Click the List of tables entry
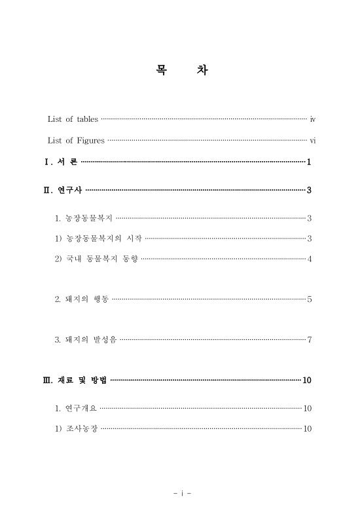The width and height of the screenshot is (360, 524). (73, 119)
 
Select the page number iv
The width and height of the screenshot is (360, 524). (313, 119)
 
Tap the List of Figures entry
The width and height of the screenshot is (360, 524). (76, 140)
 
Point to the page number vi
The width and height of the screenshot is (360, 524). (313, 140)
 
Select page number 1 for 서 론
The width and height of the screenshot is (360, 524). (308, 162)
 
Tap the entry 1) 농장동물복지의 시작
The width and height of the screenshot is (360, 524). (99, 238)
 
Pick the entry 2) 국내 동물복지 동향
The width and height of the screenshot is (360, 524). (97, 259)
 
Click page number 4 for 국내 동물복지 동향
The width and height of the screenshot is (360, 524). (309, 259)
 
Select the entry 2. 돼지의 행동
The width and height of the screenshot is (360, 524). (82, 299)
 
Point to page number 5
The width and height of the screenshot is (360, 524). (309, 299)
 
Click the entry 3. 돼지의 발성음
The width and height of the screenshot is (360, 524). (86, 339)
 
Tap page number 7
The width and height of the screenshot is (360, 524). (309, 339)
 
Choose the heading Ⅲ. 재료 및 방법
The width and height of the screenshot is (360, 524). (75, 381)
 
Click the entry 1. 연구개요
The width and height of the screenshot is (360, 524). (77, 408)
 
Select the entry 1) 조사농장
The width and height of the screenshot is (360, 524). (77, 428)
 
